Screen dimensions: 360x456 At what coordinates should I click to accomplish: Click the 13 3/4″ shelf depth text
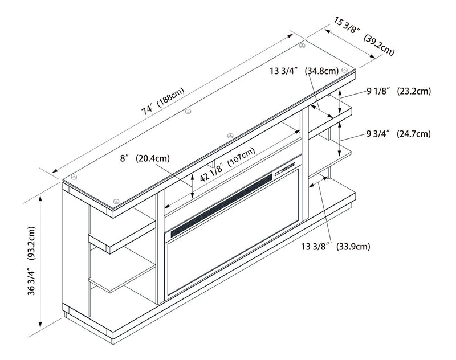click(283, 71)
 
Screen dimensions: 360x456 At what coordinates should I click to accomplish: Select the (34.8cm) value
click(321, 71)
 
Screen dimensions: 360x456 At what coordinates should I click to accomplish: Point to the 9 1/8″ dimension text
click(377, 91)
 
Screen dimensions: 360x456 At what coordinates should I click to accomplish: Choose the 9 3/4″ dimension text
click(377, 134)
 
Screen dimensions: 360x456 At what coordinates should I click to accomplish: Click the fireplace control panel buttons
click(286, 169)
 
